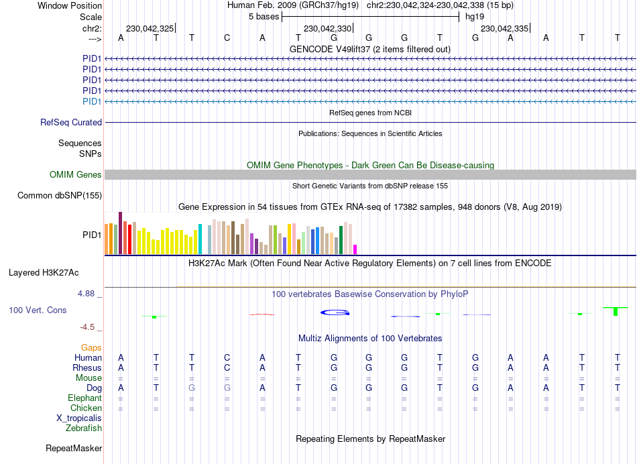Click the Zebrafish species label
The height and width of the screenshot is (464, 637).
click(x=84, y=428)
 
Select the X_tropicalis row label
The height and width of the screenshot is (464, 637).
click(x=79, y=418)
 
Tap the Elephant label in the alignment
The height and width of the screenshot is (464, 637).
click(x=86, y=398)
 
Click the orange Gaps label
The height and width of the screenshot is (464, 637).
click(x=92, y=348)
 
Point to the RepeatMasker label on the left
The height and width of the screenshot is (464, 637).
click(x=74, y=449)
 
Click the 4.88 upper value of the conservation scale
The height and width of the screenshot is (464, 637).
click(x=88, y=294)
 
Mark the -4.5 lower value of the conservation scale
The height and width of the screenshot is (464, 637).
click(x=88, y=327)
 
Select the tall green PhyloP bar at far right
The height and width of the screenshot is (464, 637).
click(x=616, y=311)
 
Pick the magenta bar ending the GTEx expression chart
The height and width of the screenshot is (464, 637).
click(x=355, y=249)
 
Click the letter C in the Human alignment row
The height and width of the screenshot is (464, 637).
click(x=227, y=358)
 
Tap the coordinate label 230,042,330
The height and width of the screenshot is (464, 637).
click(x=327, y=29)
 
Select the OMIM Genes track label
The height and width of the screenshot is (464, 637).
click(x=76, y=175)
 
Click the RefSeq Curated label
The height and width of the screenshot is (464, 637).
click(x=71, y=123)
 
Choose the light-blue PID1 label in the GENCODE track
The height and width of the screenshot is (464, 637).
click(x=92, y=101)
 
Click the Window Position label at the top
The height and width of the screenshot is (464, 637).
click(x=70, y=5)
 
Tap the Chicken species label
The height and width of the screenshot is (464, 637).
click(x=86, y=408)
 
